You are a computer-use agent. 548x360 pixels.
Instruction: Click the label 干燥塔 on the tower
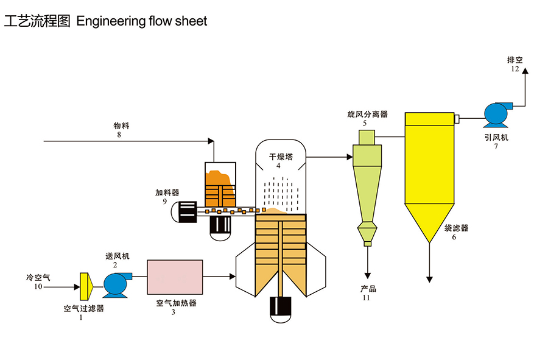pos(281,157)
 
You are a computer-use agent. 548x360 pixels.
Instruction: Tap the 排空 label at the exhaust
pos(515,60)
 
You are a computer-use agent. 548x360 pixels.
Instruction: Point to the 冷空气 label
pos(38,277)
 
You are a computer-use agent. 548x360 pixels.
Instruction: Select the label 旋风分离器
pos(367,114)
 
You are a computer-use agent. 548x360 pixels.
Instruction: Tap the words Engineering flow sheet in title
pos(142,21)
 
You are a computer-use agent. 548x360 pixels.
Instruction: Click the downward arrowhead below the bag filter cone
pos(429,279)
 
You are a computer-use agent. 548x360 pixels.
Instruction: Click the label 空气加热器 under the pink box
pos(176,303)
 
